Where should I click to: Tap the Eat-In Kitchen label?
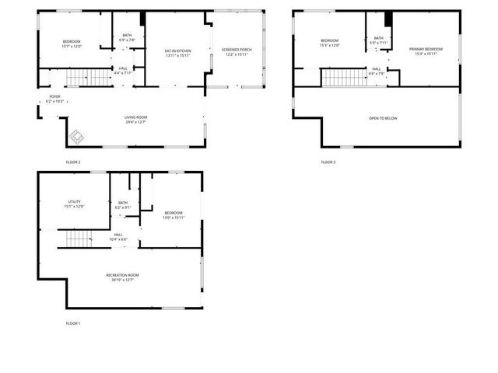177,51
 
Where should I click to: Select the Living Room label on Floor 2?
135,117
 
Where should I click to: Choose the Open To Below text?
383,118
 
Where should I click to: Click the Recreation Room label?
123,275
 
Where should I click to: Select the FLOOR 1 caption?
73,322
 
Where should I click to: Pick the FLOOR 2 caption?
73,162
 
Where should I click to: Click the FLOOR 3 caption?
328,162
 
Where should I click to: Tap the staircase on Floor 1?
79,239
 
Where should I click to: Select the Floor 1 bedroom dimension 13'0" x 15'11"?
174,218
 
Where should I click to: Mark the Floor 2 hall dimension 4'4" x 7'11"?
123,73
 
